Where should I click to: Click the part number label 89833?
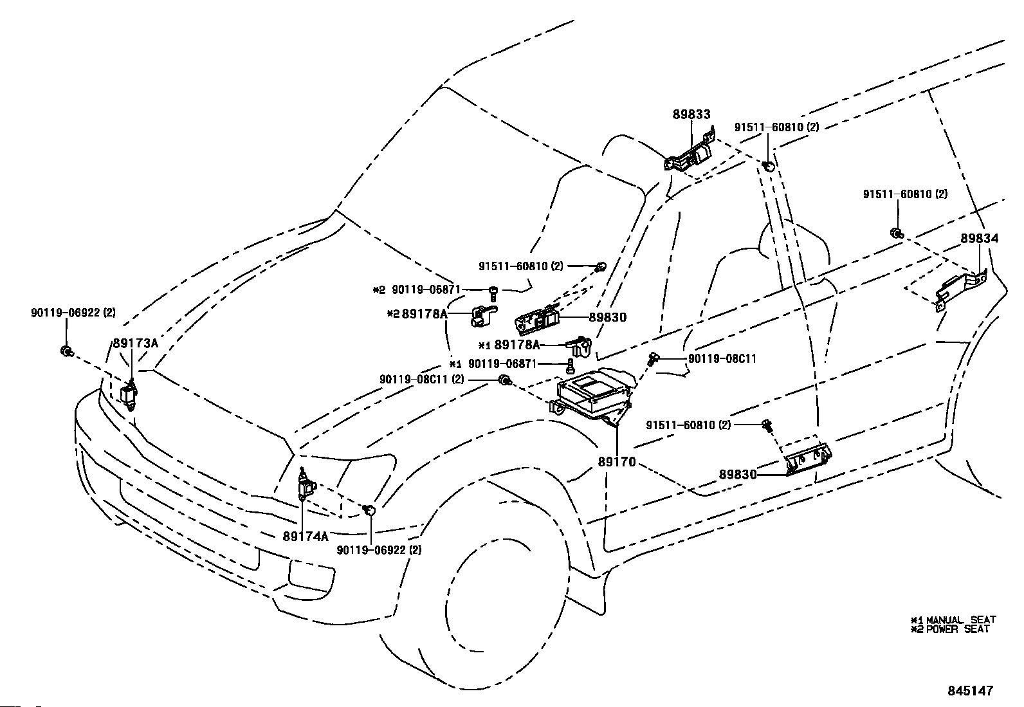point(691,115)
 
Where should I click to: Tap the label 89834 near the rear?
point(979,238)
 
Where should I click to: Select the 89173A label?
point(135,343)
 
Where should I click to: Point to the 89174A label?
point(306,536)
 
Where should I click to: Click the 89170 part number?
point(617,462)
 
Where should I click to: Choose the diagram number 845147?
point(970,690)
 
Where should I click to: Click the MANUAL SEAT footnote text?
point(961,620)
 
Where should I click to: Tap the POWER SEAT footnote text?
point(958,629)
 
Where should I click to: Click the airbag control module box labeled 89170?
point(594,396)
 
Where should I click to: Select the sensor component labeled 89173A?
point(129,394)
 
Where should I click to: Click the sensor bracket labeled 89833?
point(690,153)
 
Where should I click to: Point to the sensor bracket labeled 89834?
point(960,291)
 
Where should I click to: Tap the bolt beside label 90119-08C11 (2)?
point(505,380)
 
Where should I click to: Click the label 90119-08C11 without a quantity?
point(722,358)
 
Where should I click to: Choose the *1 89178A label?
point(509,345)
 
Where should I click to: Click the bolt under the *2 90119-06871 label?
point(493,293)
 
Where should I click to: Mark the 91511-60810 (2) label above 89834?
point(905,194)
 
